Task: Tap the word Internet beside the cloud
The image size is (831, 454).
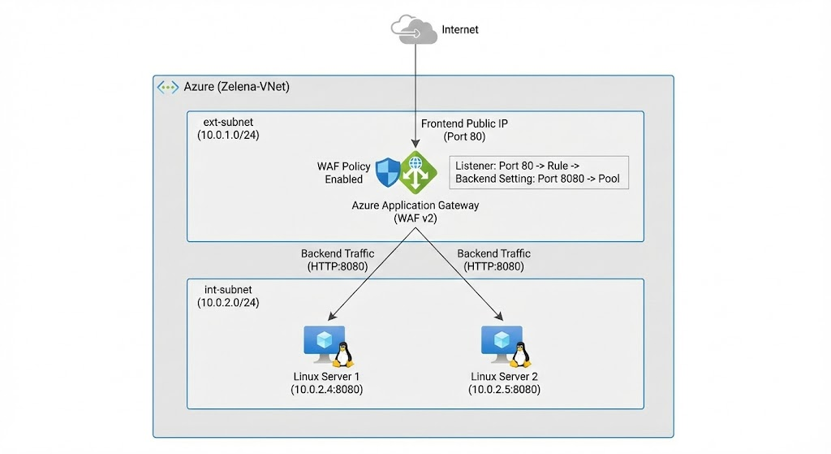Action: click(x=460, y=30)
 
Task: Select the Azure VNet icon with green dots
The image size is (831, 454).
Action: click(x=168, y=87)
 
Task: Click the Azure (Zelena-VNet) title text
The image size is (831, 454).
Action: click(x=237, y=87)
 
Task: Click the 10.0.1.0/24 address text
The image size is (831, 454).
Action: click(x=228, y=135)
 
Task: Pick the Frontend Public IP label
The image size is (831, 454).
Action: click(x=464, y=123)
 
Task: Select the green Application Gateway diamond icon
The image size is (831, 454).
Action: click(x=417, y=171)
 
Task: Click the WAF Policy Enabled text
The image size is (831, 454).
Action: click(x=343, y=173)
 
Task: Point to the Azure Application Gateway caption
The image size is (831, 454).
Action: click(x=415, y=205)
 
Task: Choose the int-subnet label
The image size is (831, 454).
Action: click(x=226, y=290)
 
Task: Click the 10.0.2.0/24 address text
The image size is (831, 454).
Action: click(x=228, y=303)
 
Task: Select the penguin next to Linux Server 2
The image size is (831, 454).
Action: click(x=522, y=354)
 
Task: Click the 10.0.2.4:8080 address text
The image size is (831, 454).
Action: click(x=327, y=391)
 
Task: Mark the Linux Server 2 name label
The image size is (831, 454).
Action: click(x=504, y=378)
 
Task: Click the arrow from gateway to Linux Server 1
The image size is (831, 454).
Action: click(x=369, y=272)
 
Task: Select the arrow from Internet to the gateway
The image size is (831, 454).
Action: click(x=416, y=89)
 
